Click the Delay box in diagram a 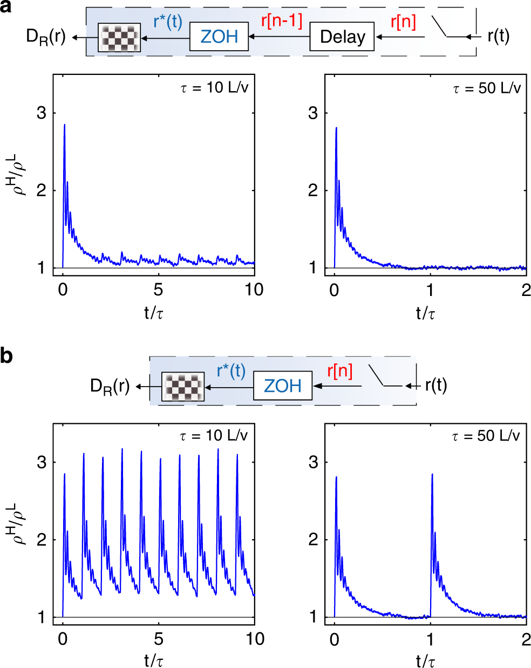pos(342,37)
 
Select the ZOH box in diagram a pos(219,37)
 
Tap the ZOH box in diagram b pos(282,385)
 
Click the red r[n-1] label pos(282,20)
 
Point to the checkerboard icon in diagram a pos(119,38)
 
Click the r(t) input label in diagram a pos(498,36)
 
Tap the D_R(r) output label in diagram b pos(110,387)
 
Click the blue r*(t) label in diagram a pos(168,22)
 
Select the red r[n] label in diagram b pos(340,371)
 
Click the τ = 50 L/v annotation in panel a pos(487,88)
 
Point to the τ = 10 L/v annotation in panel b pos(214,436)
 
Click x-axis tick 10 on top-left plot pos(254,290)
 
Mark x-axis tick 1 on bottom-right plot pos(430,639)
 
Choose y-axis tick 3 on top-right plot pos(313,114)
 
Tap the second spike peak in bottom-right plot pos(432,474)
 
